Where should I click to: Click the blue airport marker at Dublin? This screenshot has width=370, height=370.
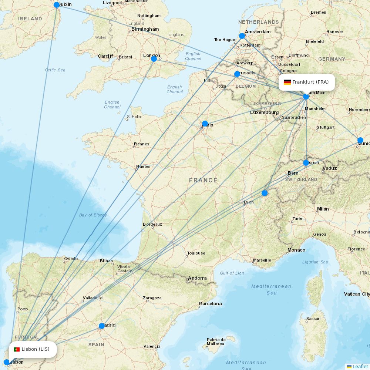[57, 5]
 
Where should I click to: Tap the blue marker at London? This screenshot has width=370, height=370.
[154, 58]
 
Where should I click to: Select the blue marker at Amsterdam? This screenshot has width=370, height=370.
[242, 36]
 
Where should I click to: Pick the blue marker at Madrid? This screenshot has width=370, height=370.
[102, 326]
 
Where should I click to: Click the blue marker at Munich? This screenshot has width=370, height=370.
[360, 140]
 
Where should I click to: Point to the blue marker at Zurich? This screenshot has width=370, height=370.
[306, 163]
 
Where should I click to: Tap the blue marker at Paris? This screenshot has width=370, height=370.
[205, 124]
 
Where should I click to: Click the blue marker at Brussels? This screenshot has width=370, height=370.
[237, 74]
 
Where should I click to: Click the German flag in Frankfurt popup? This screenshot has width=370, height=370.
[287, 82]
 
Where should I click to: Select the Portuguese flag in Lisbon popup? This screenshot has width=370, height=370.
[17, 349]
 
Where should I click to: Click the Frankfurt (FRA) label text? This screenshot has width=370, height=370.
[310, 82]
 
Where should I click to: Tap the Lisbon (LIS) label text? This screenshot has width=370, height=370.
[36, 349]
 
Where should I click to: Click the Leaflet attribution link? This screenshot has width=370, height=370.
[360, 366]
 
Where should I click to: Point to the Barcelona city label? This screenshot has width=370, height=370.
[211, 304]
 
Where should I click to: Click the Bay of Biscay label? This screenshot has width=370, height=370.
[93, 215]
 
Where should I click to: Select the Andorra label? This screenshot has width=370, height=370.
[197, 278]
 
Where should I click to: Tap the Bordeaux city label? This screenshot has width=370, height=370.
[152, 224]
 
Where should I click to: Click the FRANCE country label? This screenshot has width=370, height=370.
[203, 180]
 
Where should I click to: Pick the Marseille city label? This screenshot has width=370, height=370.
[262, 260]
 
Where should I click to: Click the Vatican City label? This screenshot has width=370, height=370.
[357, 294]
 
